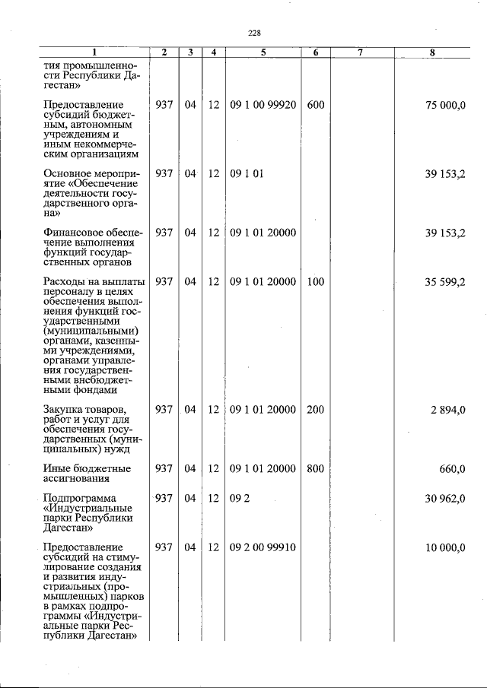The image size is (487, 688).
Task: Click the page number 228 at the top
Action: (x=254, y=33)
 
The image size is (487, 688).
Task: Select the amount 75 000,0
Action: (x=445, y=104)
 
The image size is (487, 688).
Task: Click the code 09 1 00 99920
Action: (x=263, y=104)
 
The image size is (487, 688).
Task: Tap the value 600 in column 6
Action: (x=315, y=104)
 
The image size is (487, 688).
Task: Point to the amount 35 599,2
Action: (x=445, y=282)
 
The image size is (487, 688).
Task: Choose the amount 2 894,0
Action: (x=447, y=410)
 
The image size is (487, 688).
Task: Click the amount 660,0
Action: (x=452, y=469)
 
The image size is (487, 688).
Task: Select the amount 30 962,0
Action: (x=445, y=499)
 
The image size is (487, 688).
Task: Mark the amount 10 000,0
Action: (x=445, y=547)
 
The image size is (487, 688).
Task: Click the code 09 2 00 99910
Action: (x=263, y=547)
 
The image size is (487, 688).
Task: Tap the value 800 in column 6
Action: (x=315, y=469)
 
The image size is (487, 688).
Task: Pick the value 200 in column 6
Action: (x=315, y=410)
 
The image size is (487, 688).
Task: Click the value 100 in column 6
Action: (x=315, y=282)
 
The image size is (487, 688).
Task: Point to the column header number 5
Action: (x=263, y=52)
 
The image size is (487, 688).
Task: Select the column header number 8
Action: (x=432, y=52)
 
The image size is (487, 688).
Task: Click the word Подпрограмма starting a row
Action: (x=81, y=499)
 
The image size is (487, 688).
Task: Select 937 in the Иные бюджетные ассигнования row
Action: (x=164, y=469)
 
